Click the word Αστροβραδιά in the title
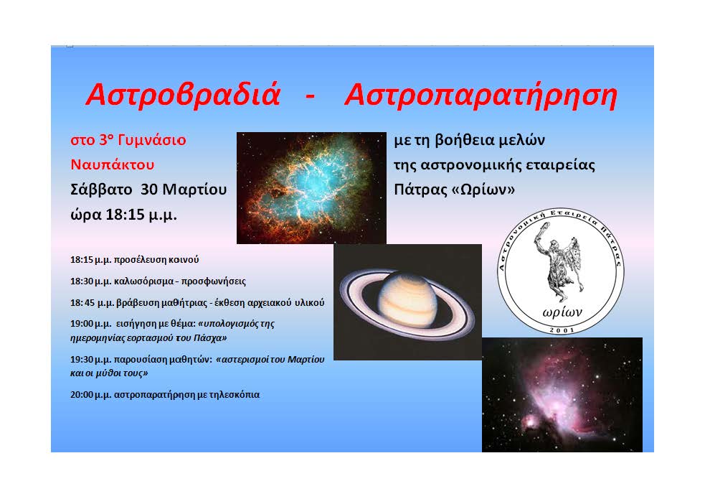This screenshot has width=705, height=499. pos(183,95)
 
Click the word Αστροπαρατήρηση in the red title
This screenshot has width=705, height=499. pos(481,95)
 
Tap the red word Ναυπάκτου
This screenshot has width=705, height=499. pos(113,164)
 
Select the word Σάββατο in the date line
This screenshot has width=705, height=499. pos(102,189)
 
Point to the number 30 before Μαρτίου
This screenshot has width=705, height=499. pos(149,189)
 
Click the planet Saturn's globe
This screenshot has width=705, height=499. pos(407,299)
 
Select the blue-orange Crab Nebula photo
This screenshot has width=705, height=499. pos(311,187)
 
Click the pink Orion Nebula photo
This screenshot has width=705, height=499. pos(562,395)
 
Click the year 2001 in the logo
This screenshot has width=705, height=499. pos(562,330)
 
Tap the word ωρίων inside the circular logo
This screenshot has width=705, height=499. pos(562,312)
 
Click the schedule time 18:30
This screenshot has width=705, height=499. pos(81,281)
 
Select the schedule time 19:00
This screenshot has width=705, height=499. pos(81,324)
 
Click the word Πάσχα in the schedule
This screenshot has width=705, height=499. pos(208,337)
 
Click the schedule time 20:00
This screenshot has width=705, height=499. pos(81,395)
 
